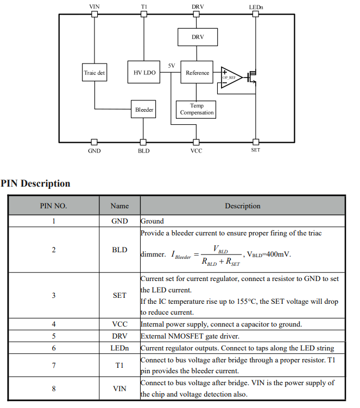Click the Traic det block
pos(94,73)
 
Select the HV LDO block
pos(144,73)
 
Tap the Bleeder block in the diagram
pos(144,110)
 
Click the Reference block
pos(197,73)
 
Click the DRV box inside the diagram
pos(198,37)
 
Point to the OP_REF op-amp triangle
pos(230,75)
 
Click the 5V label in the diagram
pos(172,66)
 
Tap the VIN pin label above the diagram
pos(94,6)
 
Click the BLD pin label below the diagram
pos(143,151)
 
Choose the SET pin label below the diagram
pos(256,150)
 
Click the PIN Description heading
pos(36,183)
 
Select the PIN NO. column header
pos(53,206)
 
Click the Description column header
pos(243,206)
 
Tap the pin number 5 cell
pos(53,336)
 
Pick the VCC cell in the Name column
pos(119,324)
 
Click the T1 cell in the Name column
pos(119,366)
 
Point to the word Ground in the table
pos(153,221)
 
